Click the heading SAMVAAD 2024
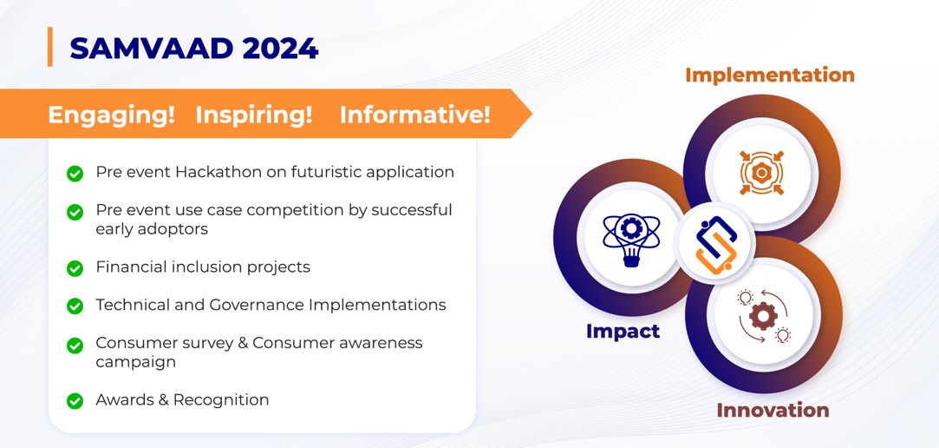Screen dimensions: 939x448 click(x=194, y=49)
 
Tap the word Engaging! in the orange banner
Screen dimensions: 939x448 click(x=111, y=114)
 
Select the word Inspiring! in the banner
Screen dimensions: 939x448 click(x=254, y=114)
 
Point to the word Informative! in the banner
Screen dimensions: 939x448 click(x=415, y=114)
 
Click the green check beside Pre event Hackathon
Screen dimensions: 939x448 click(x=75, y=174)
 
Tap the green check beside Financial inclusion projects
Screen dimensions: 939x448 click(x=75, y=268)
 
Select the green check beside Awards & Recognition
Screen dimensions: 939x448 click(x=75, y=400)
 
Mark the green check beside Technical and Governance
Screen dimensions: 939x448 click(x=75, y=306)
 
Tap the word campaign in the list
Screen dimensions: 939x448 click(x=136, y=363)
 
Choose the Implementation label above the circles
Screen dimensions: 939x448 click(x=770, y=75)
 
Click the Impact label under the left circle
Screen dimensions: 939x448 click(x=623, y=331)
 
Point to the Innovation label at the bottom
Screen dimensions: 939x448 click(x=773, y=410)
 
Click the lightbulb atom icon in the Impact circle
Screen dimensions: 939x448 click(x=631, y=238)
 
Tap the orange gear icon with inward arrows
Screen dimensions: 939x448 click(x=762, y=173)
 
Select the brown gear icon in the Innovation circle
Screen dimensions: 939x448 click(x=764, y=316)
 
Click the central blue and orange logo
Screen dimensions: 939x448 click(x=715, y=243)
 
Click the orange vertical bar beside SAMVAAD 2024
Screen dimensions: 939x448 click(x=50, y=47)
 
